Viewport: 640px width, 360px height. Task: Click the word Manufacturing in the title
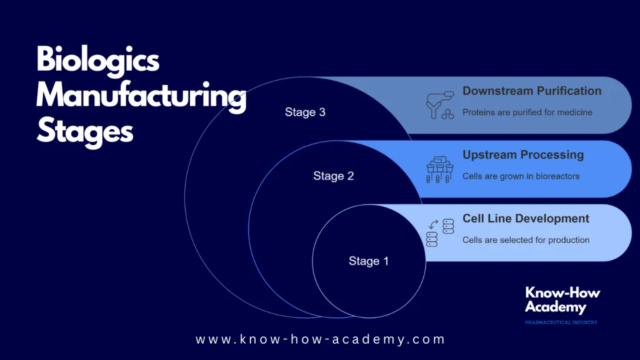[141, 97]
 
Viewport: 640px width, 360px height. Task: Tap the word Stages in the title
[85, 131]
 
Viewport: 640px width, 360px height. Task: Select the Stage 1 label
[368, 261]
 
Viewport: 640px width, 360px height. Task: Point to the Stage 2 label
[333, 176]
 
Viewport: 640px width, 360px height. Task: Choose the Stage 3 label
[305, 112]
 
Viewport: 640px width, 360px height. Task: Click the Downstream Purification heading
[531, 91]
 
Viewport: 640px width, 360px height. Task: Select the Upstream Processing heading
[522, 155]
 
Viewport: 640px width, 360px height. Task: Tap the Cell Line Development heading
[526, 219]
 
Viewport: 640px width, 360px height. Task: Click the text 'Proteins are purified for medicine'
[527, 112]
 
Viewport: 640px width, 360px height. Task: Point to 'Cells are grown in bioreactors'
[521, 176]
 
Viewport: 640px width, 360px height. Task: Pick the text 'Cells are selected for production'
[526, 240]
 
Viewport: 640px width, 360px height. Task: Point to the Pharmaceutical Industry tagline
[561, 322]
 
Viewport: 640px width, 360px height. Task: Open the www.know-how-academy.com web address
[320, 339]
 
